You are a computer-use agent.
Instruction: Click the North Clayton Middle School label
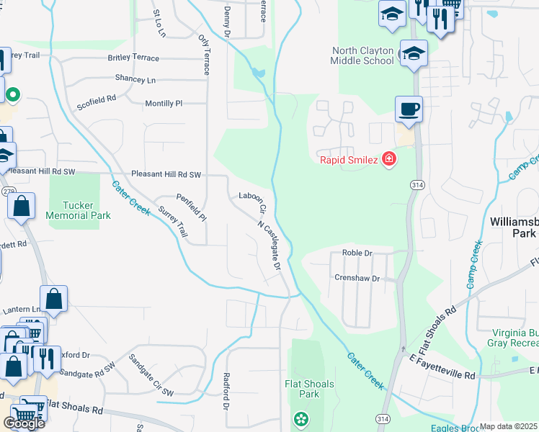(x=362, y=55)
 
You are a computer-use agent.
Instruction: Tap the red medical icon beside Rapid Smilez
(x=389, y=159)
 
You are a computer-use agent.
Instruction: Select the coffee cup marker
(x=409, y=110)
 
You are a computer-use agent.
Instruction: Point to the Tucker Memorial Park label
(x=78, y=210)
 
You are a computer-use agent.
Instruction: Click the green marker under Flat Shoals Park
(x=300, y=418)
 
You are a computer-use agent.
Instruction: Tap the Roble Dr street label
(x=357, y=253)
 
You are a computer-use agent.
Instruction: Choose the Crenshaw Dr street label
(x=357, y=277)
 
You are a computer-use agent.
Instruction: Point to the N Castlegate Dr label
(x=269, y=245)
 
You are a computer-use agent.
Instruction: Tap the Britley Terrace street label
(x=143, y=58)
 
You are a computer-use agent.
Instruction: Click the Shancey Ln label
(x=135, y=78)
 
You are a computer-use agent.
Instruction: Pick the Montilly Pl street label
(x=164, y=104)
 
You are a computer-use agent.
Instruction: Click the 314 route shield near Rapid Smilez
(x=417, y=185)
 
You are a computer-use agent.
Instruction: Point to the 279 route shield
(x=9, y=192)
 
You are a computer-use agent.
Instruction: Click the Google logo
(x=24, y=423)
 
